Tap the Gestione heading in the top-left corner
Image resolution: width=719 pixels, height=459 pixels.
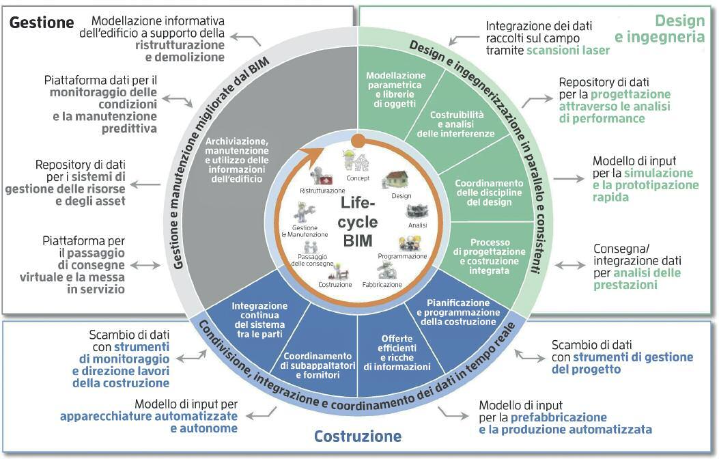[42, 22]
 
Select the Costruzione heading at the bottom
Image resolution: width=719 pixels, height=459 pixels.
[358, 436]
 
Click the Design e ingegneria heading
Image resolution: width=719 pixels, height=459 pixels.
[660, 29]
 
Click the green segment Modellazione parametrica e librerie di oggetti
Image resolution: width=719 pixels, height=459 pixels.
[396, 89]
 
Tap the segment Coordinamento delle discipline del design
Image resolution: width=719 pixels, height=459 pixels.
[490, 192]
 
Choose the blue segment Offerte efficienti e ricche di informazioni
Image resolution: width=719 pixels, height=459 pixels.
[397, 352]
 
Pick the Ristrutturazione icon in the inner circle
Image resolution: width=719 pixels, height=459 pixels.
[317, 178]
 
